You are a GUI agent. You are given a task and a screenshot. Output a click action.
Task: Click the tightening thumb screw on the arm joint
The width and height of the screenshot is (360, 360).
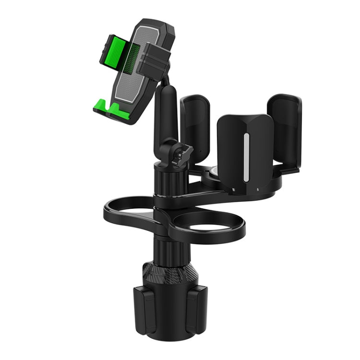click(183, 155)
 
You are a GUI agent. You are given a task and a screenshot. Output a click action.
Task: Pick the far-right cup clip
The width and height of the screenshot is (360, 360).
click(285, 130)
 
